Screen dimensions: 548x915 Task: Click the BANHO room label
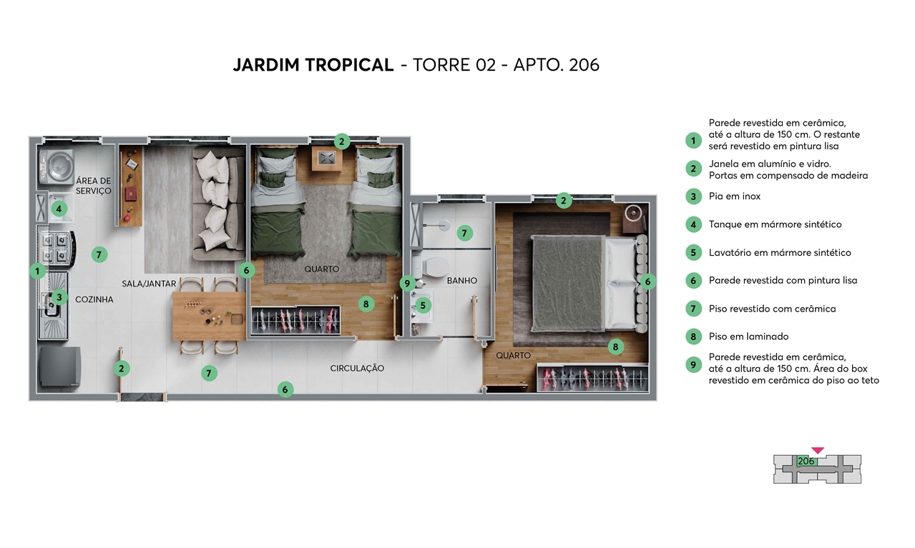tap(461, 281)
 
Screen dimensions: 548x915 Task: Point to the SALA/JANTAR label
tap(149, 284)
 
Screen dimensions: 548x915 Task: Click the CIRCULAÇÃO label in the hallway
tap(357, 368)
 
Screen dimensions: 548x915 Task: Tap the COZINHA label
tap(94, 299)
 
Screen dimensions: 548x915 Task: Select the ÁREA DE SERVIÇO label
tap(94, 186)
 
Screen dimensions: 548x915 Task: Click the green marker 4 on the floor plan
tap(59, 209)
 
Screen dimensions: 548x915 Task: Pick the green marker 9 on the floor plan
tap(407, 284)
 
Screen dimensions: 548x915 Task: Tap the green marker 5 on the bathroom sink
tap(423, 305)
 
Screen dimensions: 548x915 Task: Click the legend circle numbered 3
tap(693, 196)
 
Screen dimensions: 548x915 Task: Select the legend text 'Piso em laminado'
tap(748, 337)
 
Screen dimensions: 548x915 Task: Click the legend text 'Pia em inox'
tap(735, 196)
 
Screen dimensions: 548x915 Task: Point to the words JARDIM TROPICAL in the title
tap(313, 65)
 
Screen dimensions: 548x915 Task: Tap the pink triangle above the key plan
tap(818, 450)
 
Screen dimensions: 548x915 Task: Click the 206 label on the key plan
tap(806, 462)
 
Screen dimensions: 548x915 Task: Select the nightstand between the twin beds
tap(327, 159)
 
